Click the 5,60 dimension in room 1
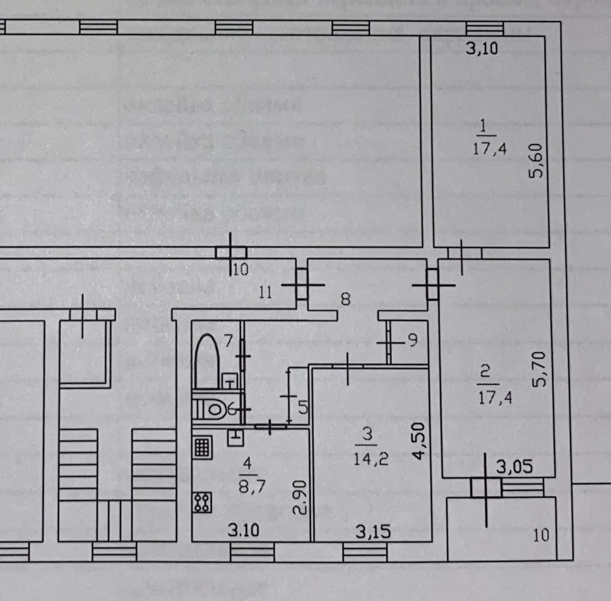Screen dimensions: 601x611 point(537,161)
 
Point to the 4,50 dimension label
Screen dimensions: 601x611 point(418,440)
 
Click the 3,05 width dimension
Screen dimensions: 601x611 point(514,466)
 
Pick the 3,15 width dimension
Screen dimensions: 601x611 point(373,532)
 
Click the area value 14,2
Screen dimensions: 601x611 point(371,459)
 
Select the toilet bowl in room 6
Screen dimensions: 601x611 point(214,409)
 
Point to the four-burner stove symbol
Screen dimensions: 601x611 point(202,502)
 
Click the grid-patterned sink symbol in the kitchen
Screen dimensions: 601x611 point(202,447)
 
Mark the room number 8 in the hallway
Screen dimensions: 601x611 point(346,299)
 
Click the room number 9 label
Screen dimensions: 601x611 point(413,340)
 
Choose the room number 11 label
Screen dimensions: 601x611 point(265,291)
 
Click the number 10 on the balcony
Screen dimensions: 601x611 point(541,535)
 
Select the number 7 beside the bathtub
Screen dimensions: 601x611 point(228,341)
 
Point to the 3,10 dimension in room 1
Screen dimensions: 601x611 point(482,48)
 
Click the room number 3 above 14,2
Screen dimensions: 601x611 point(367,434)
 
